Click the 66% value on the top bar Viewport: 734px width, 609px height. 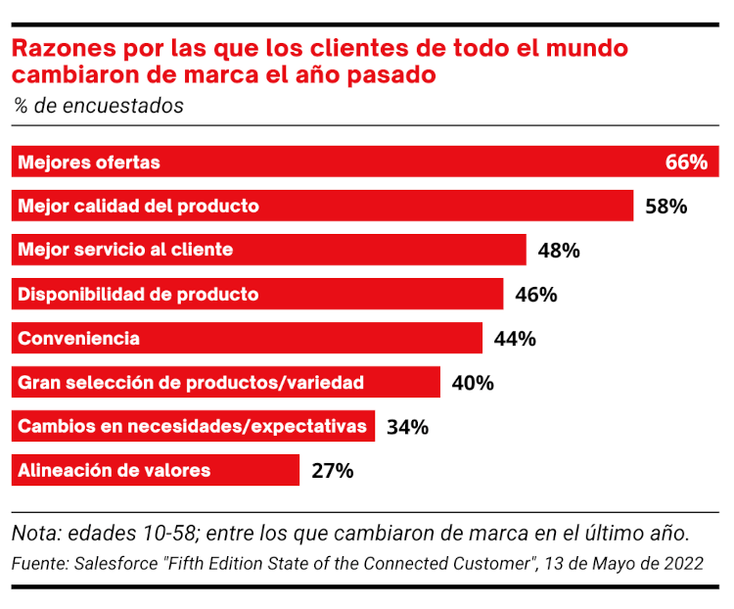click(686, 163)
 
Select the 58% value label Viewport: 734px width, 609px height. click(666, 207)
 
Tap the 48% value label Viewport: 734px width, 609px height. click(559, 251)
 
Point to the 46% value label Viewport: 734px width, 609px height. click(535, 295)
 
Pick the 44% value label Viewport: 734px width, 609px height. click(515, 339)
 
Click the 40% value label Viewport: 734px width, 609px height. click(473, 383)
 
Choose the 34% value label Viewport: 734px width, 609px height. click(407, 427)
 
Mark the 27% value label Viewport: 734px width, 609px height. click(332, 471)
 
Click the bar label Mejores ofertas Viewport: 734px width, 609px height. click(88, 163)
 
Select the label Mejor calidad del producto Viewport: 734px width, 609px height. click(138, 207)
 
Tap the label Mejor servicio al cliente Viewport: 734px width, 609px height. click(125, 250)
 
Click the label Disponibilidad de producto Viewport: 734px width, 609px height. click(138, 294)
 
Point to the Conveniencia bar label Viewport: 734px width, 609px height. click(78, 339)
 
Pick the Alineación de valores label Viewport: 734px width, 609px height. click(114, 471)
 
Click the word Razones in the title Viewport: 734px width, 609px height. click(60, 48)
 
